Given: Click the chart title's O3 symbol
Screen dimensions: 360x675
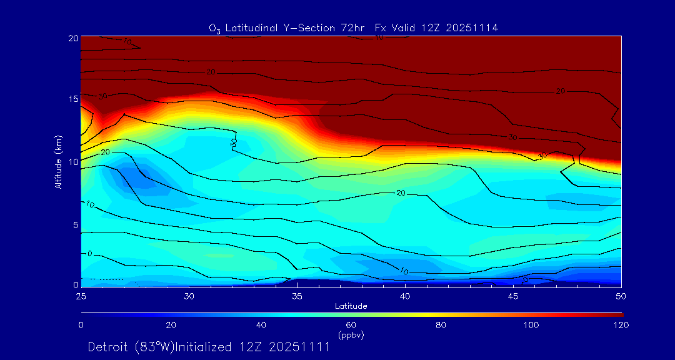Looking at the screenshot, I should click(214, 29).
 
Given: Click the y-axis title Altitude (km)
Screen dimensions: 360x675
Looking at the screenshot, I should click(59, 162).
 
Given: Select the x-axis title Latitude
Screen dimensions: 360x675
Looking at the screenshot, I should click(351, 306).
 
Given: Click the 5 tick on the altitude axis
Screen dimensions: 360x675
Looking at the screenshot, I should click(74, 224).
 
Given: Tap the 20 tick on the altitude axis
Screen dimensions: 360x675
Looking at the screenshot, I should click(72, 37).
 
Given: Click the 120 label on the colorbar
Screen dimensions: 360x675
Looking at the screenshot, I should click(621, 325).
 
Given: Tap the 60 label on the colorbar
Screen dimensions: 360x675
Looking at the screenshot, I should click(351, 325).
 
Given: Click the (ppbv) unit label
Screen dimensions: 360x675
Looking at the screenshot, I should click(351, 335).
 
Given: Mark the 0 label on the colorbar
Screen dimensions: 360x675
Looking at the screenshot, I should click(81, 325).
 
